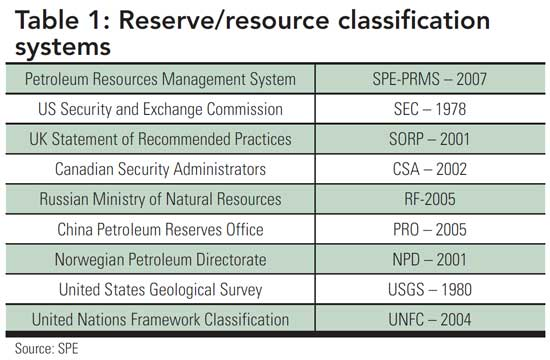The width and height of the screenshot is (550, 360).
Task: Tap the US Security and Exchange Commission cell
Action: (x=160, y=107)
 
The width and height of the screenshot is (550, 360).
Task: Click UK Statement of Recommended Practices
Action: (x=160, y=137)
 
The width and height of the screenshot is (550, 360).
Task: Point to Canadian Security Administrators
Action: (x=160, y=168)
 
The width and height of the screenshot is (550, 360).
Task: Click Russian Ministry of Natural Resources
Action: (x=160, y=198)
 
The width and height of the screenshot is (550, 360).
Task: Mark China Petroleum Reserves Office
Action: (x=160, y=229)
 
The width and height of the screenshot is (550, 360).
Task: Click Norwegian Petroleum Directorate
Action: (x=160, y=259)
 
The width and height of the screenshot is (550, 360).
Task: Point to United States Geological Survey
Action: (x=160, y=290)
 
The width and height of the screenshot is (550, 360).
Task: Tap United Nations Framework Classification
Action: (x=160, y=320)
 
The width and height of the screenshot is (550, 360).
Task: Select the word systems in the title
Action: (x=63, y=46)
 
